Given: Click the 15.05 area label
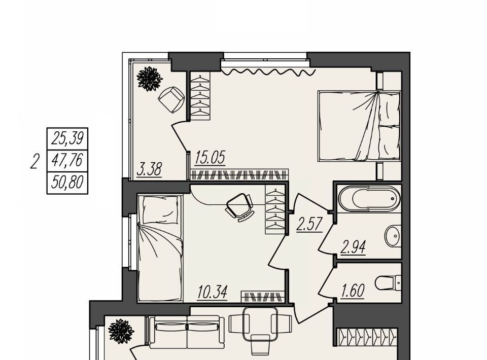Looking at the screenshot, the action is pyautogui.click(x=210, y=158).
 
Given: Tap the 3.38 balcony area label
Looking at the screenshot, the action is pyautogui.click(x=149, y=169).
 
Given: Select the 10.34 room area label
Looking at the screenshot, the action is pyautogui.click(x=213, y=292).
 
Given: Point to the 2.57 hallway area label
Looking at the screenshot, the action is pyautogui.click(x=309, y=225).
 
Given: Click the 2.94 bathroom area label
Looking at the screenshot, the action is pyautogui.click(x=353, y=247).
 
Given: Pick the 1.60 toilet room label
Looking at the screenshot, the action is pyautogui.click(x=353, y=291).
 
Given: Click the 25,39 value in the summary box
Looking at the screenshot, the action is pyautogui.click(x=67, y=138).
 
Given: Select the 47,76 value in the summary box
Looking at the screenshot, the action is pyautogui.click(x=67, y=160).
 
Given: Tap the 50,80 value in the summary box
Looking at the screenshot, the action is pyautogui.click(x=67, y=182).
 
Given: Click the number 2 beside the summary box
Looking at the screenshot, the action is pyautogui.click(x=35, y=162).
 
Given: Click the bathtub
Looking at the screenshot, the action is pyautogui.click(x=369, y=198).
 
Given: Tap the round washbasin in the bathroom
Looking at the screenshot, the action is pyautogui.click(x=393, y=236).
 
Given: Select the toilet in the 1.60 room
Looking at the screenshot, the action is pyautogui.click(x=388, y=283).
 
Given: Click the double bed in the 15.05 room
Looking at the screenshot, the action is pyautogui.click(x=359, y=126).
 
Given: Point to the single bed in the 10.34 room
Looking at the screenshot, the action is pyautogui.click(x=160, y=248).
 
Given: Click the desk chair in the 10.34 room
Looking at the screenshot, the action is pyautogui.click(x=239, y=206).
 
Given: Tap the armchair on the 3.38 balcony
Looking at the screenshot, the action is pyautogui.click(x=171, y=99).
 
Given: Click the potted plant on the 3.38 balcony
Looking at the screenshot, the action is pyautogui.click(x=150, y=79).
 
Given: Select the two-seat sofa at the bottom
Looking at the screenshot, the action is pyautogui.click(x=187, y=332).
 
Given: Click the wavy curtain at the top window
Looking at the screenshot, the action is pyautogui.click(x=268, y=71).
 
